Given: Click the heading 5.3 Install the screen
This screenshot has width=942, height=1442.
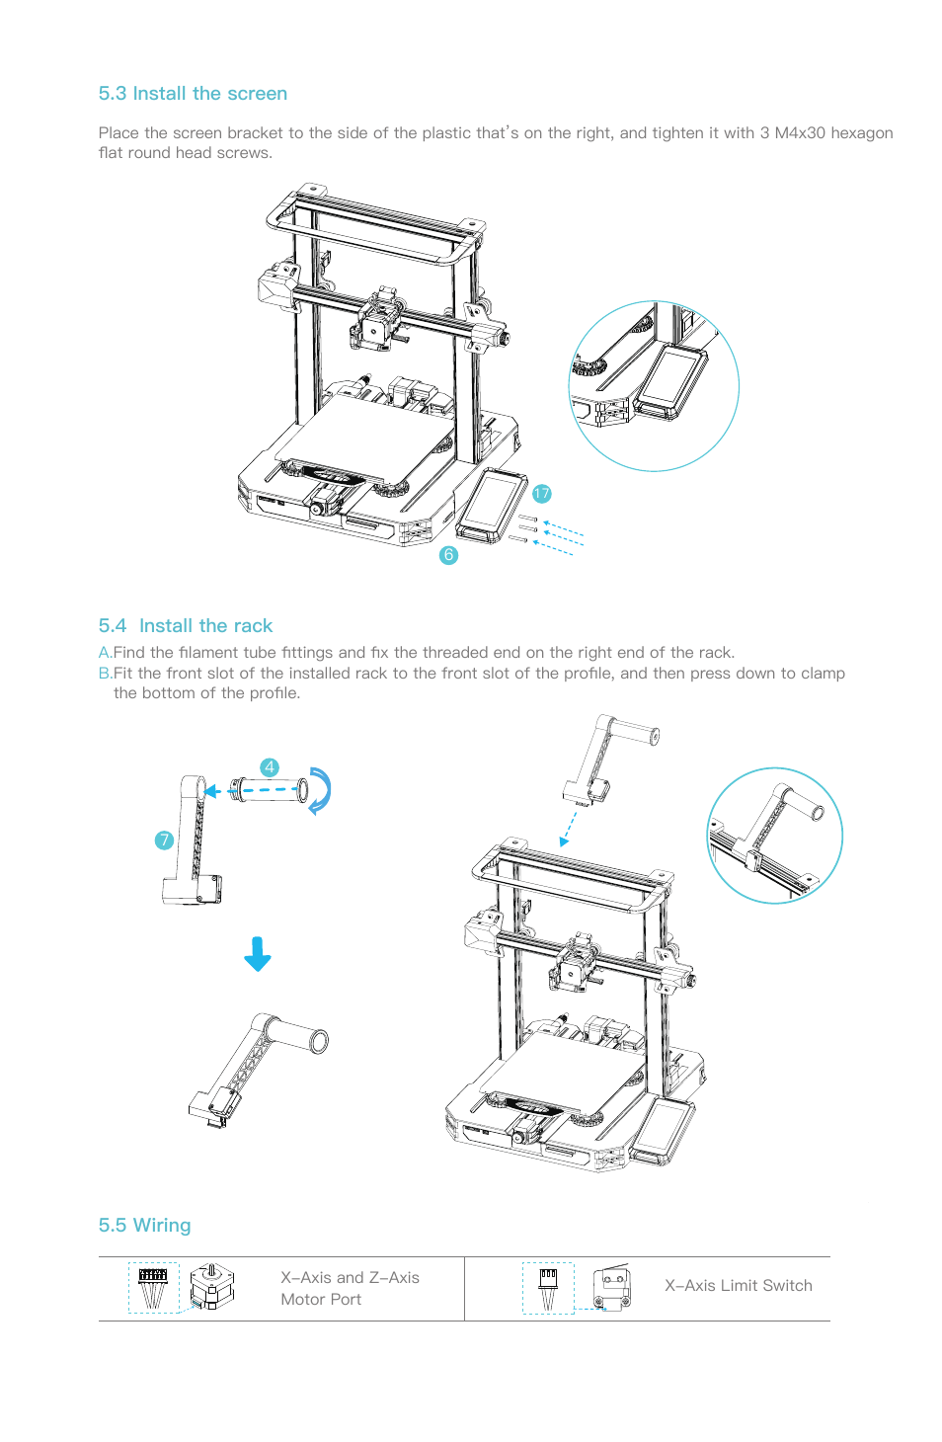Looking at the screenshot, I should (x=193, y=94).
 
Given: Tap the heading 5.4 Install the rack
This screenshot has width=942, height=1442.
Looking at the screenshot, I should (x=186, y=626).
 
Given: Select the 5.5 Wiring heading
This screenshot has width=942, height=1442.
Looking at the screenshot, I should (x=144, y=1226).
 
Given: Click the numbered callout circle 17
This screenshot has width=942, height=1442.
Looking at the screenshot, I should (x=541, y=494).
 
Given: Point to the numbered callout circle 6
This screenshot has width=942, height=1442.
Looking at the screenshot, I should (x=448, y=555).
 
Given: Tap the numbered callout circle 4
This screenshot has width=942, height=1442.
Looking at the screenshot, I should (x=270, y=767).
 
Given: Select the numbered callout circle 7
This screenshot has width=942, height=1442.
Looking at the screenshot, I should (x=164, y=841).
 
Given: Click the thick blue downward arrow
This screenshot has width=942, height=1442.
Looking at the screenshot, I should (x=258, y=954).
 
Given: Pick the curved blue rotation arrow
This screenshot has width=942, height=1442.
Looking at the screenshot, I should (x=320, y=790).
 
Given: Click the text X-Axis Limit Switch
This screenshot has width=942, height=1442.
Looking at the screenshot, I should (x=738, y=1286).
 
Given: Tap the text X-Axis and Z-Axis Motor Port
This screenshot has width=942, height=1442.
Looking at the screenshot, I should (x=350, y=1289).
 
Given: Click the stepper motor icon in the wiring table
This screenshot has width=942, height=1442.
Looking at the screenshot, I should (x=212, y=1287).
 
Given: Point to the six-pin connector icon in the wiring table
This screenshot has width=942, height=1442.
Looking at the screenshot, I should (x=153, y=1287).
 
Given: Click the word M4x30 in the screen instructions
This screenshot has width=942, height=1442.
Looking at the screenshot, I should (x=799, y=133).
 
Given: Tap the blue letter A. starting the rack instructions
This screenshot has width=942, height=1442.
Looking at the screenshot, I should (x=105, y=653).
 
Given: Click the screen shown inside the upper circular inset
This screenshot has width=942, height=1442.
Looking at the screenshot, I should (x=670, y=383).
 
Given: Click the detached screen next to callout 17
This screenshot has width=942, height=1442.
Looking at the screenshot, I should (x=493, y=505).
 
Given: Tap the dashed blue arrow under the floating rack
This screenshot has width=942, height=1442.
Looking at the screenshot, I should (x=568, y=828).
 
